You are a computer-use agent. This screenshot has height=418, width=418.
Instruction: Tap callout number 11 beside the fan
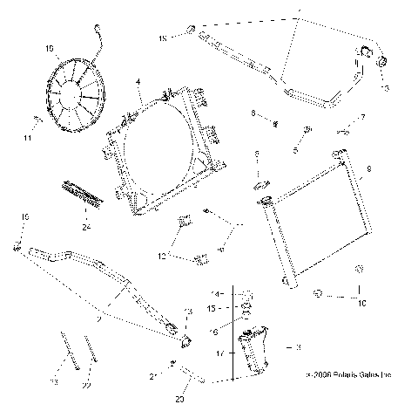(x=29, y=137)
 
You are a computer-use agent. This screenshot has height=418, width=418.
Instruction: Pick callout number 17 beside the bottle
(x=219, y=353)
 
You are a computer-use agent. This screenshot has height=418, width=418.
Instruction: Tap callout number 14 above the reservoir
(x=219, y=292)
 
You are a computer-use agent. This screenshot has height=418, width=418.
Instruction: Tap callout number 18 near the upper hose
(x=162, y=39)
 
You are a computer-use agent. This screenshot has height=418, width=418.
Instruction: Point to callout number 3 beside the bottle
(x=298, y=347)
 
